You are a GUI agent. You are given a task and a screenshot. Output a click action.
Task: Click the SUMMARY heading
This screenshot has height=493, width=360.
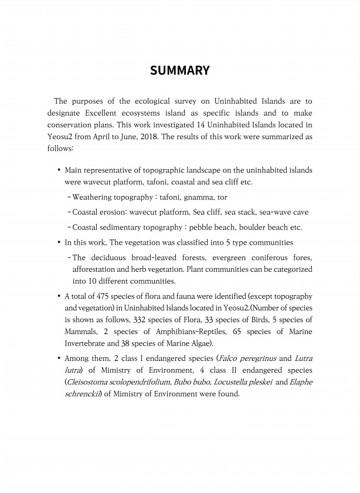(179, 71)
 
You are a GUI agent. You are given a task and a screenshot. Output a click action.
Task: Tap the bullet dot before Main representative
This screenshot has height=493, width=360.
(59, 170)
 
